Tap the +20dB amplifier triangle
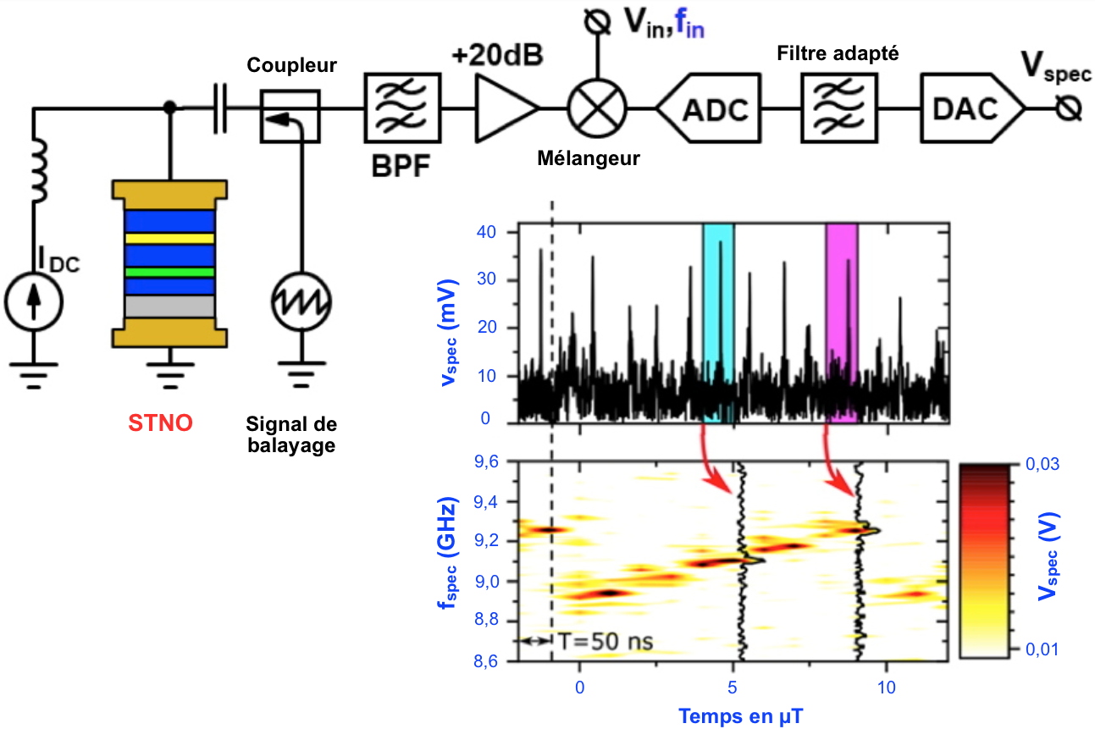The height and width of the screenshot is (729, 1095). coord(506,108)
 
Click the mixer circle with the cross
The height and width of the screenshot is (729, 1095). coord(597,108)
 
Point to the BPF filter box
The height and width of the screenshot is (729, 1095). coord(402,108)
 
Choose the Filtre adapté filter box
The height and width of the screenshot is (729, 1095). coord(837,108)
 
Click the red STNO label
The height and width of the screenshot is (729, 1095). coord(160,421)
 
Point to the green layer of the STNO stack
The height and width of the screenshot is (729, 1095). coord(169,273)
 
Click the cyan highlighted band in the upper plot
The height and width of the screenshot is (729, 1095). coord(718,322)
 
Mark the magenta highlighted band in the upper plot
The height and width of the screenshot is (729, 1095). coord(842,322)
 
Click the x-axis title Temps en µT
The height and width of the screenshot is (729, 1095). coord(739,715)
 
